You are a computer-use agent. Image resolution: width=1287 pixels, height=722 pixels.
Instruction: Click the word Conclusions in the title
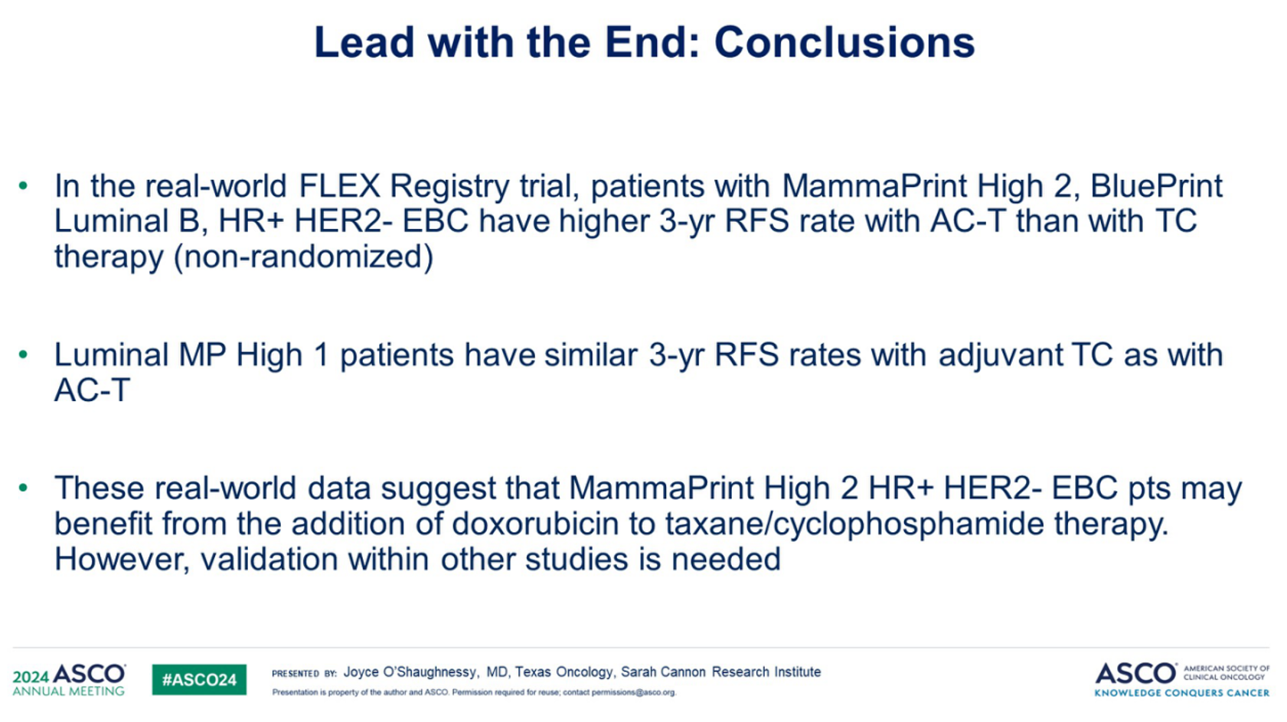click(x=844, y=43)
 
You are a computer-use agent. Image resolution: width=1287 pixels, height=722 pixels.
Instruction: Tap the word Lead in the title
click(x=364, y=43)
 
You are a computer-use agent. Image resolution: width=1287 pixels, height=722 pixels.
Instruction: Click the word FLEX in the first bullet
click(x=339, y=186)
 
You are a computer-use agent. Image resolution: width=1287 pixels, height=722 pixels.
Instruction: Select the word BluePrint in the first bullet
click(x=1156, y=186)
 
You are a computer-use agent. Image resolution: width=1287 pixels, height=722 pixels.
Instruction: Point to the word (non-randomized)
click(x=303, y=256)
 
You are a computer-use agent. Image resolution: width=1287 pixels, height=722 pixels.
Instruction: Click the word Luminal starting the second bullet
click(x=110, y=354)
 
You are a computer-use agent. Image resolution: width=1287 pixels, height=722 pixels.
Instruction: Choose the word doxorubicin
click(x=535, y=523)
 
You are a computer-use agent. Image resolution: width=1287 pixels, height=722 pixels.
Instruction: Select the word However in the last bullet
click(x=122, y=560)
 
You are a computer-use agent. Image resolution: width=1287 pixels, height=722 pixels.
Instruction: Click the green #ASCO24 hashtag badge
click(x=199, y=679)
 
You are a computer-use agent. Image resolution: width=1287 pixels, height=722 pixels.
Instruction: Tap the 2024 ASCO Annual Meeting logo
click(x=69, y=679)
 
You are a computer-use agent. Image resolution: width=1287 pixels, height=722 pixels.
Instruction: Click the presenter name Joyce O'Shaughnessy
click(x=410, y=672)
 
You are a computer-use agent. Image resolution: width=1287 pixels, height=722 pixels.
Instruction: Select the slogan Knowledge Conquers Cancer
click(x=1182, y=693)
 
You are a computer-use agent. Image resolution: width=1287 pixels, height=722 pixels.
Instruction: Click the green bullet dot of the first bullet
click(x=23, y=185)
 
